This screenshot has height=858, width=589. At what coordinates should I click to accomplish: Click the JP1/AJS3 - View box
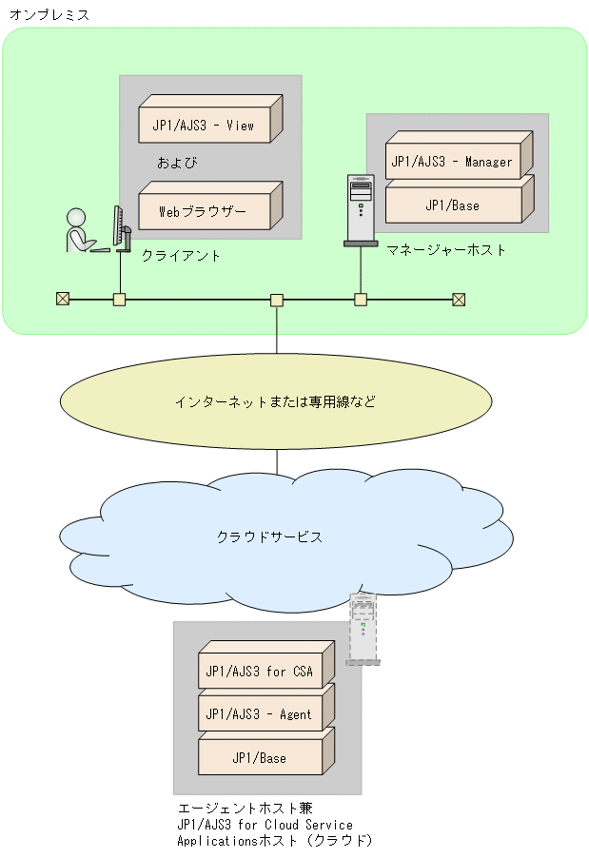pos(204,125)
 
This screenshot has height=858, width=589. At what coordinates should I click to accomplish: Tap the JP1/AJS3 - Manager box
pos(452,162)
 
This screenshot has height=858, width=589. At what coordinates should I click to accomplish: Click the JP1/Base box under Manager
pos(452,205)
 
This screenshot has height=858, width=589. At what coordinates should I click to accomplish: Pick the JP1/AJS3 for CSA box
pos(260,671)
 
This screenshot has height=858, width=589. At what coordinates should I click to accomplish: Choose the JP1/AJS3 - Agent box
pos(260,714)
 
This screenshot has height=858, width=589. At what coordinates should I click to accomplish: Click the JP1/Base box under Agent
pos(260,757)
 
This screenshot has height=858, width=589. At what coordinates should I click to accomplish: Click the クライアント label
pos(181,255)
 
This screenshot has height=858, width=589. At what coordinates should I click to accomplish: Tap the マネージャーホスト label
pos(446,249)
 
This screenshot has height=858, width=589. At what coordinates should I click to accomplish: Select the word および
pos(177,163)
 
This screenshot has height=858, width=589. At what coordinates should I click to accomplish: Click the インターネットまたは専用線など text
pos(275,401)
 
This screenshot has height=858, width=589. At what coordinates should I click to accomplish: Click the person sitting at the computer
pos(81,231)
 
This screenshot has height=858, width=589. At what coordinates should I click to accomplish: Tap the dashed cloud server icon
pos(362,628)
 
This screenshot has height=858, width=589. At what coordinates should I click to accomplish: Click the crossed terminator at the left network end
pos(63,300)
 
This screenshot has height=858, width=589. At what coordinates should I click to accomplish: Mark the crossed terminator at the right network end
pos(459,300)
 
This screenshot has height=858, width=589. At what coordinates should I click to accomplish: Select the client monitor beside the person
pos(120,229)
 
